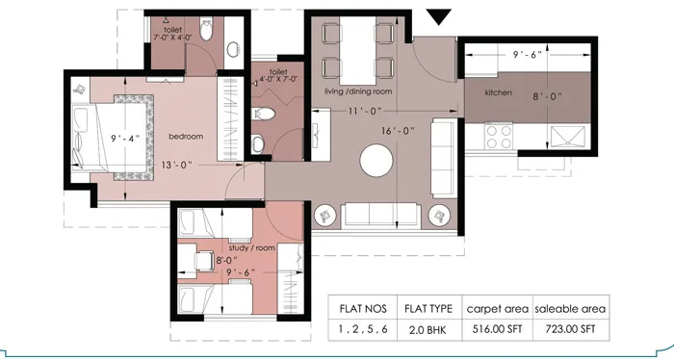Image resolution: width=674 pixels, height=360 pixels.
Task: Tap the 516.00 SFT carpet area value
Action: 498,329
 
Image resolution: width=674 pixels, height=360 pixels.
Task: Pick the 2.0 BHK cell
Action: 428,329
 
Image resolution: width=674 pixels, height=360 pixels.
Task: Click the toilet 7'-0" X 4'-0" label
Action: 172,36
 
